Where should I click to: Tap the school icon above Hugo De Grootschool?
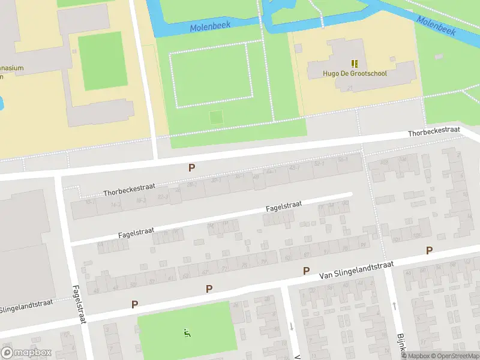click(355, 63)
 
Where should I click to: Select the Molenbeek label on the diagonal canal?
click(436, 25)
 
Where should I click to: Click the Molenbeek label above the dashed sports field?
click(210, 27)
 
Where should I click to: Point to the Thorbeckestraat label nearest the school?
click(434, 131)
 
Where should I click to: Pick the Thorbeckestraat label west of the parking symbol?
click(125, 190)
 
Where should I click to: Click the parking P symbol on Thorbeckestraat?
click(191, 168)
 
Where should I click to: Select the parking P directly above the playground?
click(209, 289)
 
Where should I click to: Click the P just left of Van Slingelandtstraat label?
click(306, 271)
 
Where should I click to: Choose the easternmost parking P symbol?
click(428, 250)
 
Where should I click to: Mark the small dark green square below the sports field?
click(215, 118)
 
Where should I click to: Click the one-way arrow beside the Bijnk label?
click(394, 307)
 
